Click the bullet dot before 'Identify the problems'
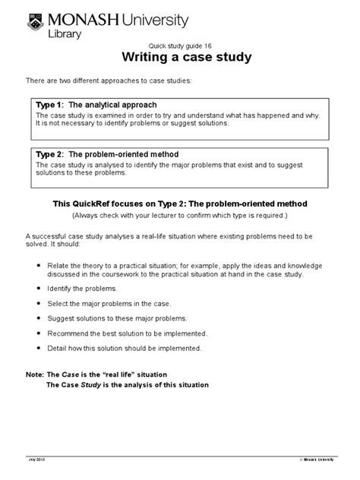click(x=39, y=289)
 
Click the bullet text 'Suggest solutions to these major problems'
click(x=121, y=318)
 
